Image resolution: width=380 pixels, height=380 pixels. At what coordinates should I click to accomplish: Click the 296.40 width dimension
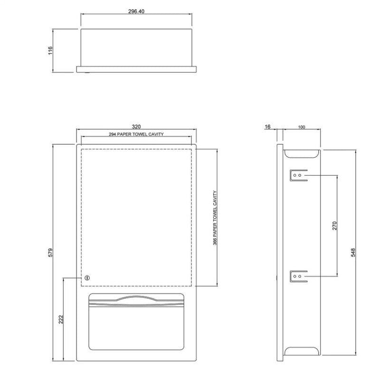(x=136, y=11)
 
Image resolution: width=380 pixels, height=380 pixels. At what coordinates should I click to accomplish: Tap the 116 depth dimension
(x=50, y=50)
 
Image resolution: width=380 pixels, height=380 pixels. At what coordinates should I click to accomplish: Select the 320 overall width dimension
(x=136, y=126)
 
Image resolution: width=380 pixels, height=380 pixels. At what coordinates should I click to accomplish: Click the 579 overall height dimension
(x=50, y=252)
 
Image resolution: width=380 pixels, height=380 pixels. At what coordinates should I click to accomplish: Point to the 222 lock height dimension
(x=61, y=319)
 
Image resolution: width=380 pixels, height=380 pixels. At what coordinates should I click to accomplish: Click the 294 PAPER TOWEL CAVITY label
(x=136, y=134)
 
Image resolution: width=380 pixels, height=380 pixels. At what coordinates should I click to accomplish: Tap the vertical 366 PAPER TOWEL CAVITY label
(x=215, y=218)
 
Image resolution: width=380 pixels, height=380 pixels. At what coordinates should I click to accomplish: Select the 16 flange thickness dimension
(x=267, y=126)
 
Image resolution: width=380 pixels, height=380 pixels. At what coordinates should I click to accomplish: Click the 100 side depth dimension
(x=302, y=127)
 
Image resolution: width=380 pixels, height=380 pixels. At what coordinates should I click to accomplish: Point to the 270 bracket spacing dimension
(x=335, y=226)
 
